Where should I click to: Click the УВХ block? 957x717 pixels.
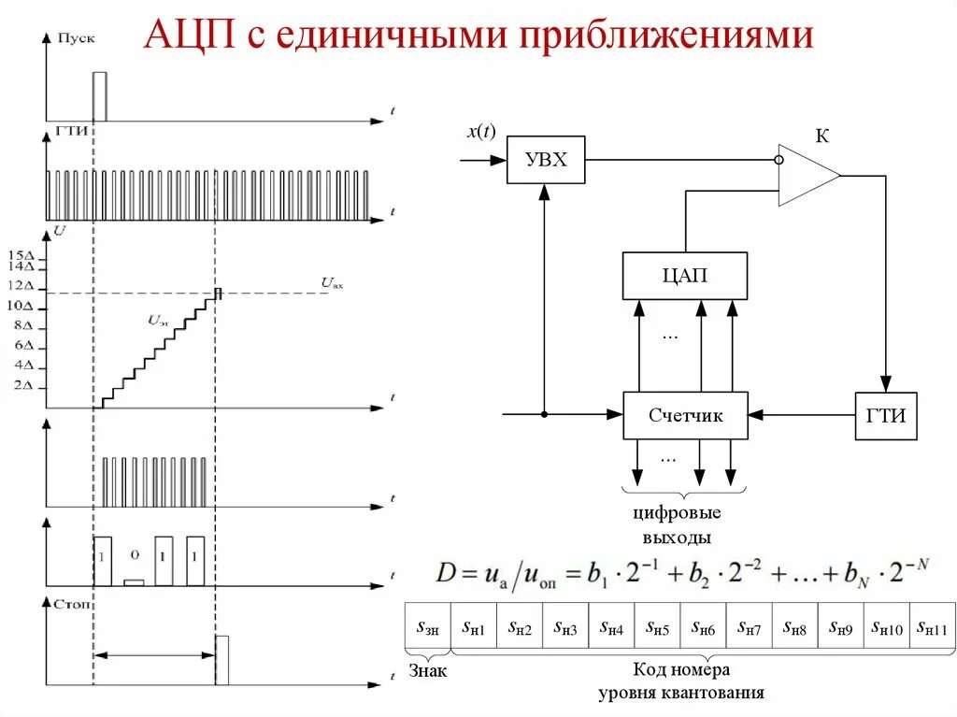546,160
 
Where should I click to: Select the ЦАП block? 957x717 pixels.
685,276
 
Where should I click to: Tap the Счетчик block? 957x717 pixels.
685,415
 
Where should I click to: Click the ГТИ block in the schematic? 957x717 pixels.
886,416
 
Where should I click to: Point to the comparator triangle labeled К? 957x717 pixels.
806,175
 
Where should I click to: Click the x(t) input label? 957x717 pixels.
481,133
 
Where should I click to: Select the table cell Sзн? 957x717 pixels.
427,628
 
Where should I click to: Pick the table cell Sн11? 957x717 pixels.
932,628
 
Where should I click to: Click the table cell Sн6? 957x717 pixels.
703,628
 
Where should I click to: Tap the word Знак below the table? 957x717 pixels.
428,670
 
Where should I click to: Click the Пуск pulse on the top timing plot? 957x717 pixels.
99,96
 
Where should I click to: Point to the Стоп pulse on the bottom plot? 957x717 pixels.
221,659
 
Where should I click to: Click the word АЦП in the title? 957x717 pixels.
193,37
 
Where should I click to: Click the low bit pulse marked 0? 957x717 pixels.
134,581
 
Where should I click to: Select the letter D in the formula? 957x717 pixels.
444,572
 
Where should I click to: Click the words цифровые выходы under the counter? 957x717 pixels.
677,524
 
